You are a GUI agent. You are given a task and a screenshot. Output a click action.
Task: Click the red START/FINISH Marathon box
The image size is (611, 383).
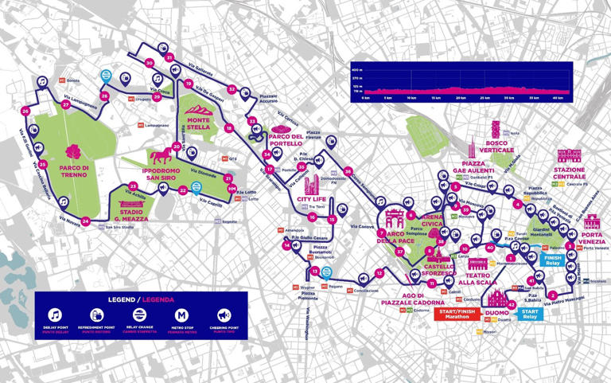[457, 313]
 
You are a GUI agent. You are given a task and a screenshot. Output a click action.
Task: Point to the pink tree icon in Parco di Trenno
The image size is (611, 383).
[74, 151]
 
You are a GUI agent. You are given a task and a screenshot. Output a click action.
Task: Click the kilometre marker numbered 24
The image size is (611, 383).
[85, 231]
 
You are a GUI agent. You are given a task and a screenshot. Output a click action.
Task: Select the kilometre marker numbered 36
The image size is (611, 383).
[348, 171]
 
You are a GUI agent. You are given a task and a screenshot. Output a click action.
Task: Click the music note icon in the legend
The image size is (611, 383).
[55, 315]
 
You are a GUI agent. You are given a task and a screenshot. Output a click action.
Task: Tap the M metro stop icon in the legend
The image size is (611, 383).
[181, 315]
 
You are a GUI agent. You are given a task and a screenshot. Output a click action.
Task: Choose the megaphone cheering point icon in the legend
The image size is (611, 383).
[223, 315]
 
